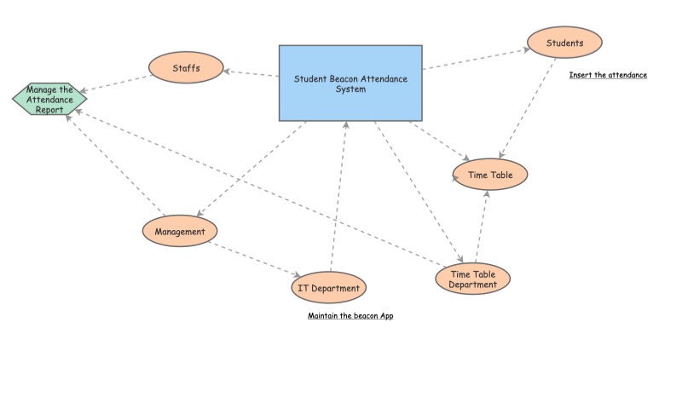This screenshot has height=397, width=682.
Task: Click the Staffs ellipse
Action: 186,68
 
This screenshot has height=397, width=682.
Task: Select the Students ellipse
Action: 564,42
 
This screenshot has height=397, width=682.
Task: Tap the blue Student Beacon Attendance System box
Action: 350,83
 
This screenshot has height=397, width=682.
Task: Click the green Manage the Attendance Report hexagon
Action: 49,99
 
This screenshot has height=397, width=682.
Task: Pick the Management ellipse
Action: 180,230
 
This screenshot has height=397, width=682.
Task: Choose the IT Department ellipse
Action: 328,288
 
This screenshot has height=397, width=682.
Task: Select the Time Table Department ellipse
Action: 472,279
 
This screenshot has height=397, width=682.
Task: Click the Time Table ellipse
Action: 490,175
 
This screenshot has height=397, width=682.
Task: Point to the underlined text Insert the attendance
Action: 608,75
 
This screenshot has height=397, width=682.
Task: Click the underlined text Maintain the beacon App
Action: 350,315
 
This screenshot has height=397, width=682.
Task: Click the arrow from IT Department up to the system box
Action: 338,196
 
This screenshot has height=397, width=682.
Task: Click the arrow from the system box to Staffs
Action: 251,73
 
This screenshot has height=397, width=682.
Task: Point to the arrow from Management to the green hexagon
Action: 115,167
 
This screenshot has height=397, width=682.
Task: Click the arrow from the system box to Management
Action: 252,169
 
